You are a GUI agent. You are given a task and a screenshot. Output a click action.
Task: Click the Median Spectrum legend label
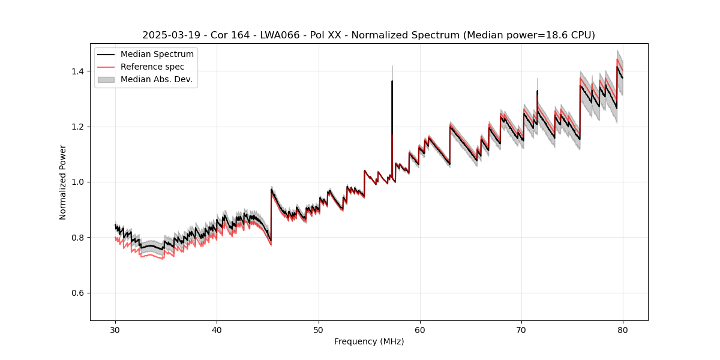click(157, 54)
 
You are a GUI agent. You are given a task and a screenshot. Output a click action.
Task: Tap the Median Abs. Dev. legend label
click(156, 79)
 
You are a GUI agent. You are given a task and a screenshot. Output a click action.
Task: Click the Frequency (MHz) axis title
click(369, 341)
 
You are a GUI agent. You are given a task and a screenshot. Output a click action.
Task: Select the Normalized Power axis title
click(63, 182)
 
